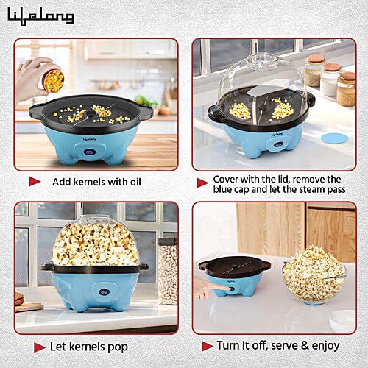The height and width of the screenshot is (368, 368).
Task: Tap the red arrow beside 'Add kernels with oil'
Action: point(35,181)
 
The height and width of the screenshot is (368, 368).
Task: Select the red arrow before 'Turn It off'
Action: point(208,345)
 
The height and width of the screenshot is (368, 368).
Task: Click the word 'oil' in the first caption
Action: point(130,182)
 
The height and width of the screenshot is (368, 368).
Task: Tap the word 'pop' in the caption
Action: point(117,346)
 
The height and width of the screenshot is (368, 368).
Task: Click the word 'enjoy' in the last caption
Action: point(323,345)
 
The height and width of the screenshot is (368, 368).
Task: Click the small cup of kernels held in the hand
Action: point(53,80)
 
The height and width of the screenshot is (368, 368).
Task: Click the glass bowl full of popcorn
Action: point(314,275)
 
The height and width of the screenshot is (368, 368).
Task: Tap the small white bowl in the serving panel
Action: point(342,321)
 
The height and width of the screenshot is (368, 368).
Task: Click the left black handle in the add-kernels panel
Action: point(37,112)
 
